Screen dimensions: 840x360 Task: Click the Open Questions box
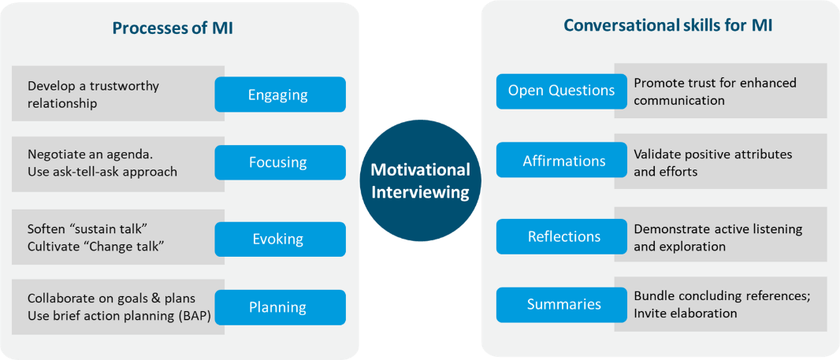click(x=561, y=91)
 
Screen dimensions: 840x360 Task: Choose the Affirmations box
click(x=561, y=160)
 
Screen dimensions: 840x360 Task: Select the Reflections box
click(x=561, y=236)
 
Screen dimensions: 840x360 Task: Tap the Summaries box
click(x=561, y=305)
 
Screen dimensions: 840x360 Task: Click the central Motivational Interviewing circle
click(x=420, y=180)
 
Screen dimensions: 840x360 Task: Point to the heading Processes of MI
click(x=173, y=28)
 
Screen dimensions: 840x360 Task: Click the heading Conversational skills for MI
click(x=667, y=26)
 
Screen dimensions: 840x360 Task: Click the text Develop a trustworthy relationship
click(x=93, y=95)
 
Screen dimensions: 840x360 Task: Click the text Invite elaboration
click(x=686, y=313)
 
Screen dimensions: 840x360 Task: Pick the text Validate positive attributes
click(x=712, y=154)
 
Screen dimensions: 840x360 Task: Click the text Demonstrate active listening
click(x=718, y=229)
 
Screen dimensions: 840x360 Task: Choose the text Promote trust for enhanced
click(x=715, y=83)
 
